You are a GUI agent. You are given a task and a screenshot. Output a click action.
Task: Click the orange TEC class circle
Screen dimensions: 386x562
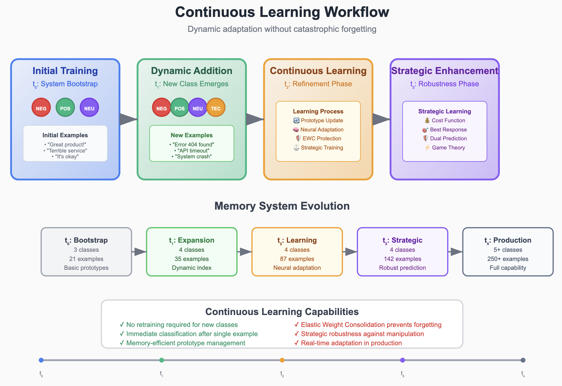point(216,108)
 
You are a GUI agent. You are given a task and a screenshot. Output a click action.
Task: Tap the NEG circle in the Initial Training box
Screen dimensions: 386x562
point(41,108)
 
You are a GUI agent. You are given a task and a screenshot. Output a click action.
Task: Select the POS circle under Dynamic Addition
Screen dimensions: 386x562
point(179,108)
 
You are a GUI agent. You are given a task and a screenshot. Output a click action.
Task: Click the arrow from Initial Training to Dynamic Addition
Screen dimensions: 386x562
point(128,119)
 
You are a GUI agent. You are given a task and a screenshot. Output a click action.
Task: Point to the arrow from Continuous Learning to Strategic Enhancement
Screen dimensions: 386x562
point(381,119)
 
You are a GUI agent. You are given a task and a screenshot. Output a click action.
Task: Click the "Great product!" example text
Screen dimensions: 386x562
point(65,144)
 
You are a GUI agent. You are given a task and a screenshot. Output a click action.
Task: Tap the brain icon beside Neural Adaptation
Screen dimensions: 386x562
point(296,129)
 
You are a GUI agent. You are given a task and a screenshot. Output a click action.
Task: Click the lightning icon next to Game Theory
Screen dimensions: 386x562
point(427,148)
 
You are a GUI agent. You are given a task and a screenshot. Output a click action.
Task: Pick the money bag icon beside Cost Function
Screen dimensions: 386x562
point(427,120)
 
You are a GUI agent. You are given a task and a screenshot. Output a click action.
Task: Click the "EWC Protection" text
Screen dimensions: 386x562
point(322,138)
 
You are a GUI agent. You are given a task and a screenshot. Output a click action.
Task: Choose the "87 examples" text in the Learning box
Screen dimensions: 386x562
point(297,259)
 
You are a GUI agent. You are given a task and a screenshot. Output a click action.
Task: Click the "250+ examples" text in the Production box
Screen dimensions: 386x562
point(508,259)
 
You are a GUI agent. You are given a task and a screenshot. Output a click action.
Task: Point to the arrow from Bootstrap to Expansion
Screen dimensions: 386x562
point(139,252)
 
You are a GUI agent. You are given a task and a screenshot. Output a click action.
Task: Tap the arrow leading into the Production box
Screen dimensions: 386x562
point(455,252)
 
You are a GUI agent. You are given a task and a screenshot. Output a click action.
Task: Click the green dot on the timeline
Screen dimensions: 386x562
point(162,360)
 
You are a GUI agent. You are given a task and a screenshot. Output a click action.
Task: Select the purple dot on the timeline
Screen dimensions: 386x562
point(402,360)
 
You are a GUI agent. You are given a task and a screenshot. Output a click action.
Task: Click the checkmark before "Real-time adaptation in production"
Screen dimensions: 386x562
point(297,343)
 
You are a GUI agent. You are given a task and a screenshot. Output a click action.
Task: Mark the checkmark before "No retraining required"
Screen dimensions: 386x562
point(122,324)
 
